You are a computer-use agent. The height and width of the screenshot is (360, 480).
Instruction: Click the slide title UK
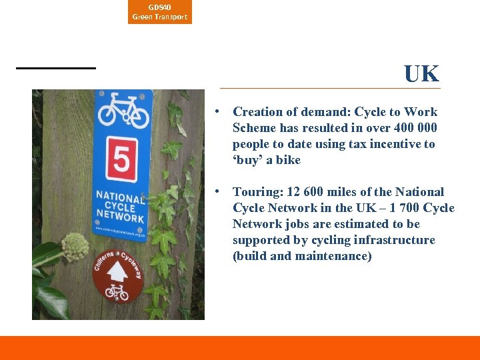pos(421,74)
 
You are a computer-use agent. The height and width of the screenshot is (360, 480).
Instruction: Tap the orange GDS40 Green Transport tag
pos(160,12)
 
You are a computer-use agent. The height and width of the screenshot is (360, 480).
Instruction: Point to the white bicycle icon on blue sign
pos(123,110)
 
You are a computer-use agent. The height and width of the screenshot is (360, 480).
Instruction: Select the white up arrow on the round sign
pos(117,271)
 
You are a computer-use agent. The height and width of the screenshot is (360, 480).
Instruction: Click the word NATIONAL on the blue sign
pos(120,198)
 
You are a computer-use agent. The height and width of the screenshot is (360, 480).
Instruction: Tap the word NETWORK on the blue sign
pos(120,217)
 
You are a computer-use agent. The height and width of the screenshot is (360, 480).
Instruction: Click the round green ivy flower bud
pos(75,247)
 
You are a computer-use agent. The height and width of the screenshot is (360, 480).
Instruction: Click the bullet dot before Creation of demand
pos(217,112)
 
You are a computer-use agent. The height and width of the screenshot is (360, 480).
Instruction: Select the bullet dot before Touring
pos(217,192)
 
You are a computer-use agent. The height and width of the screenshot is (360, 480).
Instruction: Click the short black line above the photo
pos(56,68)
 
